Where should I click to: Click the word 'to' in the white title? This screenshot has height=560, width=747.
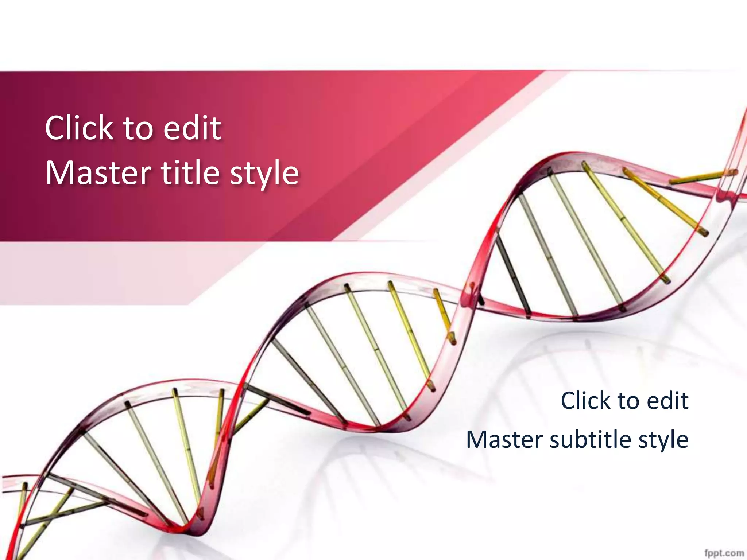[138, 128]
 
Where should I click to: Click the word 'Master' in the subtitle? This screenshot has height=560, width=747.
[505, 439]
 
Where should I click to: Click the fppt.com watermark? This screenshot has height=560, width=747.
[724, 553]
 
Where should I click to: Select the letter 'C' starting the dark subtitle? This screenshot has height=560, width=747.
[569, 400]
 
